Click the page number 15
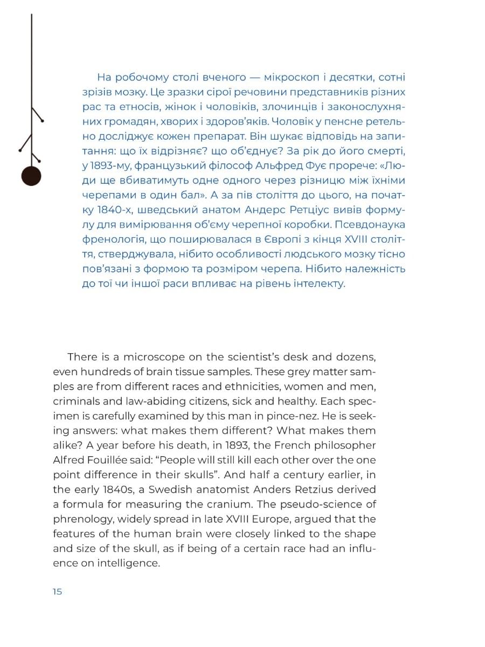click(x=58, y=591)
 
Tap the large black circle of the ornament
click(x=31, y=176)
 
